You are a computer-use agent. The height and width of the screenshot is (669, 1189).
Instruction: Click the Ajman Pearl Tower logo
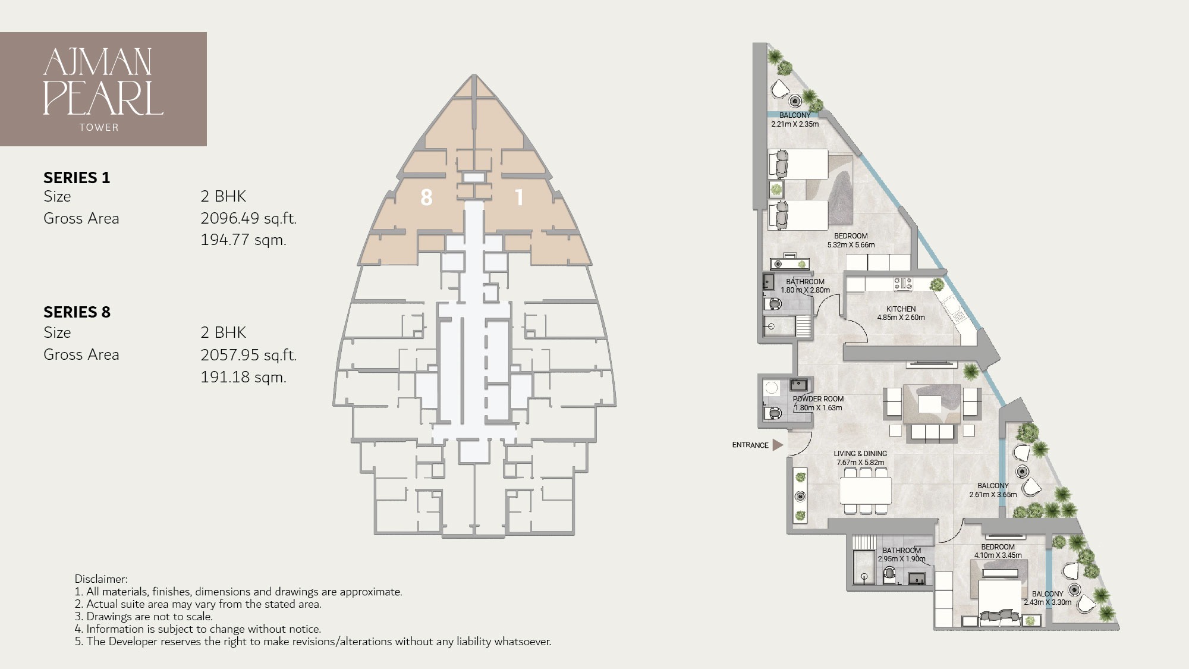click(x=103, y=89)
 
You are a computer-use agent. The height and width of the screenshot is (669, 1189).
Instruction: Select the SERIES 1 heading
click(x=77, y=178)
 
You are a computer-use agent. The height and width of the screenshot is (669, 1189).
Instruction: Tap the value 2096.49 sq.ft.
click(x=248, y=218)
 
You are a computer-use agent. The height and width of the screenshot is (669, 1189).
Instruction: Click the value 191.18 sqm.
click(x=243, y=377)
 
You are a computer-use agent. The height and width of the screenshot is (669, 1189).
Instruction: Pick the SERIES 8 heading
click(x=77, y=312)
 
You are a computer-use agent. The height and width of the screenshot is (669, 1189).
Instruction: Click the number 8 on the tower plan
click(x=426, y=197)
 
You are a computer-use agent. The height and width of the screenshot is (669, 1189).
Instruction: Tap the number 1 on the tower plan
click(x=519, y=197)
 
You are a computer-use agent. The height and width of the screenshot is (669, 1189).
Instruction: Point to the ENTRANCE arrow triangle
click(x=777, y=445)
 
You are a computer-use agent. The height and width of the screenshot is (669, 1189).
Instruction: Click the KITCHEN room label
click(x=901, y=309)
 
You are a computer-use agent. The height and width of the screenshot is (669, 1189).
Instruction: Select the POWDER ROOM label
click(x=818, y=399)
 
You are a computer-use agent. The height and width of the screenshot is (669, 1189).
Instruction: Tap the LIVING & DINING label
click(x=860, y=454)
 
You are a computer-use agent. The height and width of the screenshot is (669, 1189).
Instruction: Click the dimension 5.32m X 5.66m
click(x=851, y=244)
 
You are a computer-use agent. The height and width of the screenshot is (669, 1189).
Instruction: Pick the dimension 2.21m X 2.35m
click(x=794, y=124)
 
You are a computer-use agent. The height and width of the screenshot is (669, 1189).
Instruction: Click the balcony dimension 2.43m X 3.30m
click(x=1047, y=602)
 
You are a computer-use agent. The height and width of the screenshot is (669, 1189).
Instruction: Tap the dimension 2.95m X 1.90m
click(x=901, y=559)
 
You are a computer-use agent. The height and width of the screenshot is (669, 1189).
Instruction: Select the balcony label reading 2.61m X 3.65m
click(x=993, y=494)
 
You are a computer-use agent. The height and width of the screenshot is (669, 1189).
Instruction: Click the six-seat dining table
click(x=866, y=491)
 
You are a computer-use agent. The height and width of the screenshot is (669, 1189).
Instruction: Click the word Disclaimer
click(x=101, y=579)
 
